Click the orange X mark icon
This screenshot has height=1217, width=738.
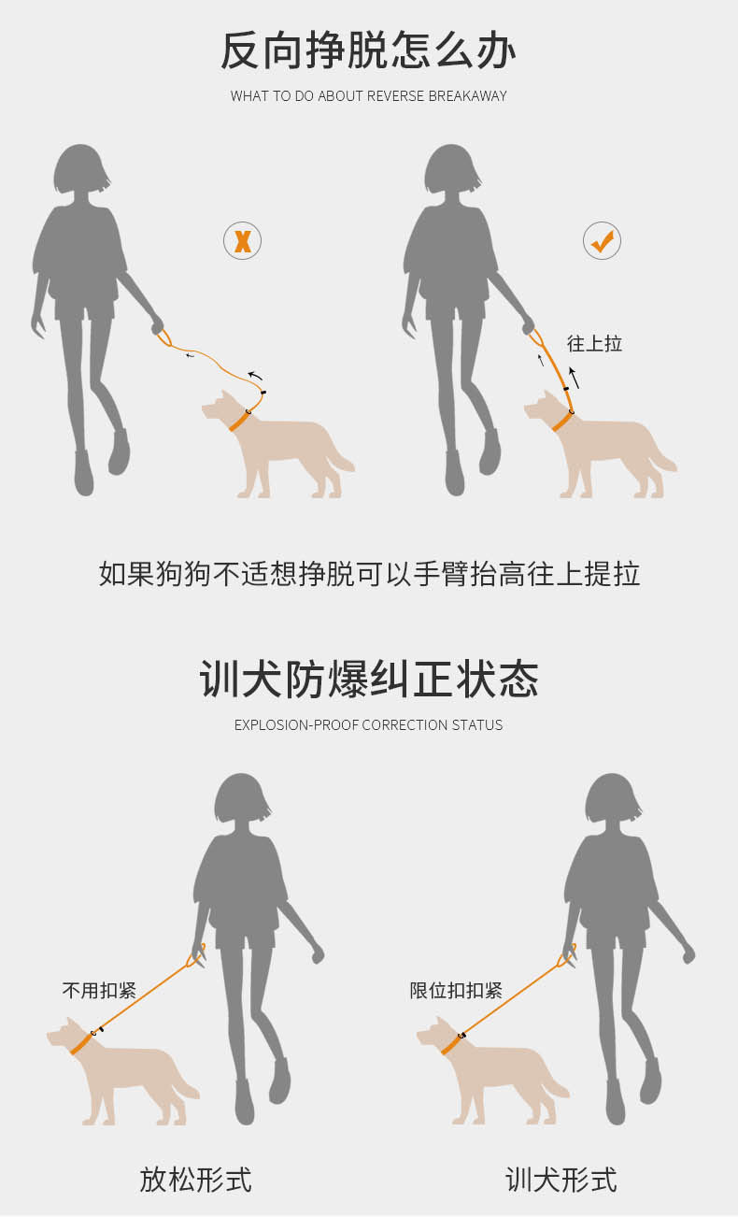pos(242,240)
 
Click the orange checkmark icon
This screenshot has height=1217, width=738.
pos(603,240)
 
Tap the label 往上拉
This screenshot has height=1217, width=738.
pos(594,343)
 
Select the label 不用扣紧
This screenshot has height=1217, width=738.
pos(99,991)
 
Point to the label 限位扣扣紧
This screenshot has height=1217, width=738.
pos(456,991)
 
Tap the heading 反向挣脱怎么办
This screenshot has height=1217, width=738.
pos(368,50)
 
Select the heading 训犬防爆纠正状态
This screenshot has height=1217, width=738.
pos(369,679)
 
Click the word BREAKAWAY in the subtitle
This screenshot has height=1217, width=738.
pos(467,96)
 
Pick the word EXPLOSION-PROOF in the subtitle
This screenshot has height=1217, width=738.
pos(296,724)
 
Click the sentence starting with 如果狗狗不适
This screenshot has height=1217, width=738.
pos(369,574)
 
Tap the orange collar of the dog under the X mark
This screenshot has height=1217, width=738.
pos(238,422)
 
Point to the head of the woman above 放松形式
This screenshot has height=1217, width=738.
pos(242,798)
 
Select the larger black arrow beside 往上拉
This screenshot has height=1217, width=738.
pos(574,378)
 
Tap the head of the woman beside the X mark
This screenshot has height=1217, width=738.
pos(81,169)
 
